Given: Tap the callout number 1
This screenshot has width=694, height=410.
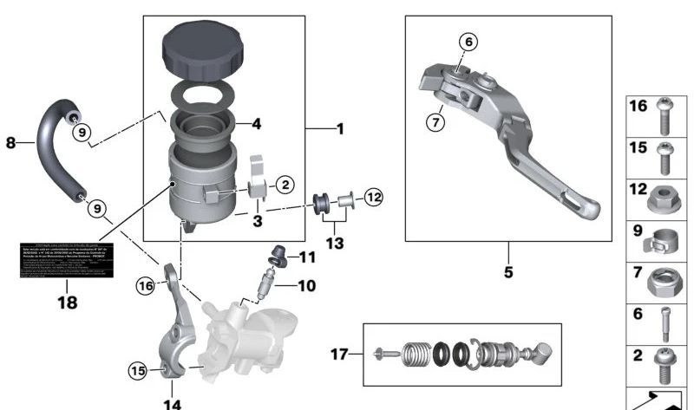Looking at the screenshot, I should pyautogui.click(x=340, y=129).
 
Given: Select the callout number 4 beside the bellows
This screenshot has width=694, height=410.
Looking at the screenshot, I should pyautogui.click(x=256, y=124).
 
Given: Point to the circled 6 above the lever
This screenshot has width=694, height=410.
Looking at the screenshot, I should pyautogui.click(x=468, y=42).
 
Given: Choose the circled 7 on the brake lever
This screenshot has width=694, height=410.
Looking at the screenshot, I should pyautogui.click(x=435, y=120).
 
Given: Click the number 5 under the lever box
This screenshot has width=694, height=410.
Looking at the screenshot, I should pyautogui.click(x=508, y=272).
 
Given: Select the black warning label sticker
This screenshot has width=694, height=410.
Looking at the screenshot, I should pyautogui.click(x=66, y=260).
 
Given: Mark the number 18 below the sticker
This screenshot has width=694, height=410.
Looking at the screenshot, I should pyautogui.click(x=67, y=303).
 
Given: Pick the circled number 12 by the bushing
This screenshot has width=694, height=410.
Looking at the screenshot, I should pyautogui.click(x=372, y=197).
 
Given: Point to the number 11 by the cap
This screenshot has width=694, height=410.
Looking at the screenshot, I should pyautogui.click(x=309, y=257).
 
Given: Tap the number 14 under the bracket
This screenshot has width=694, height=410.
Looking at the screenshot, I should pyautogui.click(x=173, y=403).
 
